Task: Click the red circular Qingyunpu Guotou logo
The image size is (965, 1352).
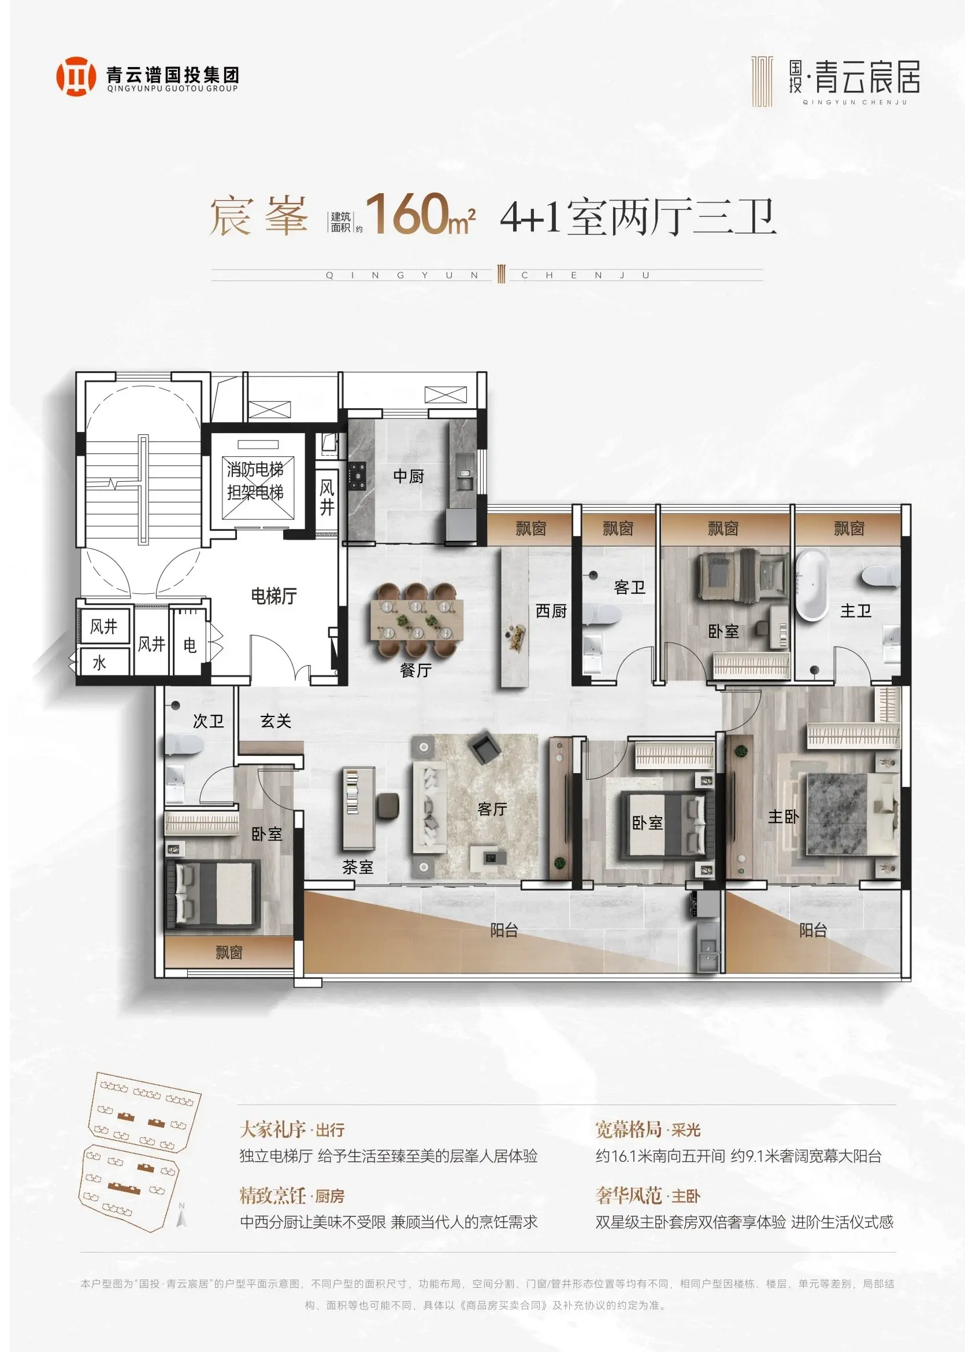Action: [x=76, y=76]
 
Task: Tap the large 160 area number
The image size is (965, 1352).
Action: [x=406, y=214]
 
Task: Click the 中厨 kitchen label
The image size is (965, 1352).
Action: [x=409, y=476]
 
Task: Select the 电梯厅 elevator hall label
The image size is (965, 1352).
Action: [x=274, y=596]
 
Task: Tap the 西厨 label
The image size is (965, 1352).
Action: [x=551, y=611]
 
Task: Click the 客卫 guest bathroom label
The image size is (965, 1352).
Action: [x=629, y=588]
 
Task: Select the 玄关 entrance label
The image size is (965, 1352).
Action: [x=276, y=721]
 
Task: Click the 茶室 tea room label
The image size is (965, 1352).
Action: [x=358, y=867]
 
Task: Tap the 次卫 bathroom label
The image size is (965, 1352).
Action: [x=209, y=721]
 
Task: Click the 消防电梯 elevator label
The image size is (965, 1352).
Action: [x=255, y=470]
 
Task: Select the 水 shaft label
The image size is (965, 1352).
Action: [x=99, y=663]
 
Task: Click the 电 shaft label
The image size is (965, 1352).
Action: [x=190, y=645]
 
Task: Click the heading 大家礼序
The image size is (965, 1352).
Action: [x=273, y=1129]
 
